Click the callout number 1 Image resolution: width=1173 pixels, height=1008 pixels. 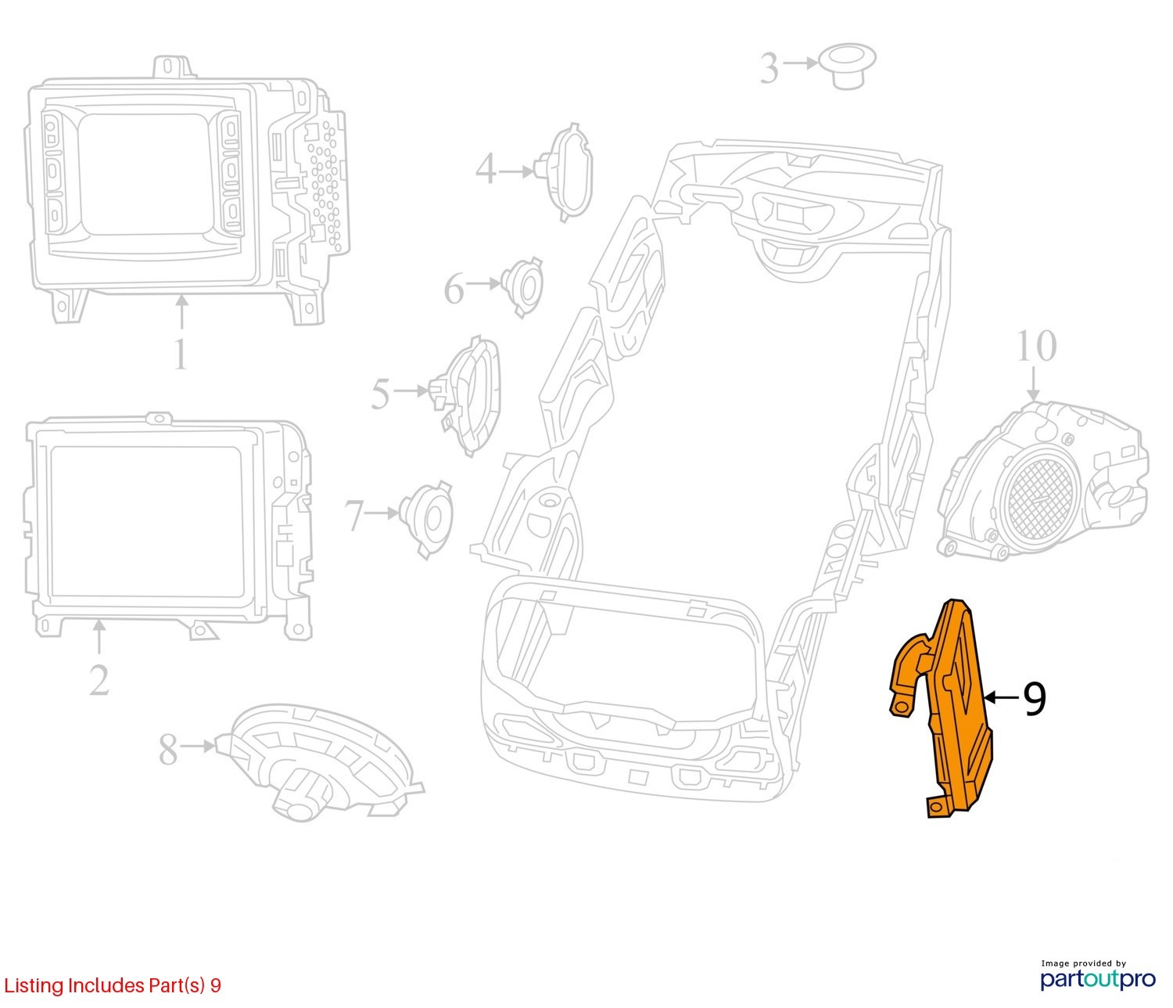click(180, 354)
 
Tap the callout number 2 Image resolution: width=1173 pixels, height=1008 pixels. click(99, 680)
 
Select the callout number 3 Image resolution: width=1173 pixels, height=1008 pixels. click(769, 68)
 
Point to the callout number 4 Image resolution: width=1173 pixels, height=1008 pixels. click(486, 169)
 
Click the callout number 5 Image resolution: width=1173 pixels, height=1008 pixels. click(380, 394)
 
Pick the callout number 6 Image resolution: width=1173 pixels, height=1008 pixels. click(454, 289)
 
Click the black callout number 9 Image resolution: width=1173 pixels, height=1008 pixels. click(1035, 699)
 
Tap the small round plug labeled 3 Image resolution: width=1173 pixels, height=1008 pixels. click(848, 65)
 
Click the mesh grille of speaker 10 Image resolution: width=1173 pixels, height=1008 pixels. click(1038, 499)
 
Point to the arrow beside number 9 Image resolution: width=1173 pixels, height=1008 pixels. click(1003, 697)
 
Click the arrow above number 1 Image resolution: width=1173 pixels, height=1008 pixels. click(181, 312)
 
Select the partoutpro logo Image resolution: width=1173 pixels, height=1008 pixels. click(1097, 978)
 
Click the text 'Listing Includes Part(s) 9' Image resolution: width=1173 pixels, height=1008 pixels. click(113, 985)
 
